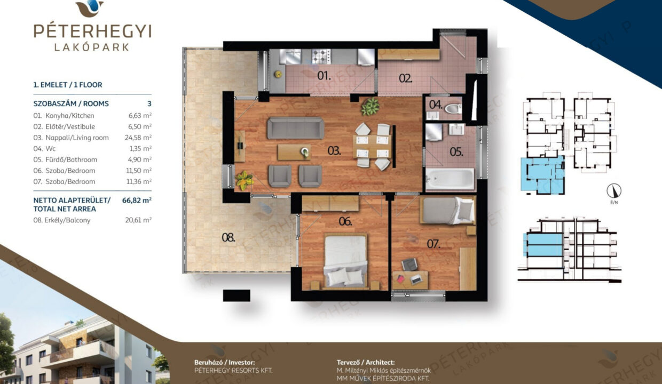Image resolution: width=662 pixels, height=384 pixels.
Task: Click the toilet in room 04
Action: click(453, 109)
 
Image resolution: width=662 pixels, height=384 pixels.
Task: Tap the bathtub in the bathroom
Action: click(450, 179)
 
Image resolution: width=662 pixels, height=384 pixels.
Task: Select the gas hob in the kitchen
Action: click(321, 56)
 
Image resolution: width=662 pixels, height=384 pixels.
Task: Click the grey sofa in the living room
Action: click(296, 128)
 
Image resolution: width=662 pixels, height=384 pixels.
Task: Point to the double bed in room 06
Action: click(345, 261)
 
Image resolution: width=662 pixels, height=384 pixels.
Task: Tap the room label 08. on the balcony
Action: click(228, 237)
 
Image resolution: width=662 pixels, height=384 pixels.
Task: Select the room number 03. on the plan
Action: click(334, 151)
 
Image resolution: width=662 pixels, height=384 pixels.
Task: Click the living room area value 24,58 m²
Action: click(138, 138)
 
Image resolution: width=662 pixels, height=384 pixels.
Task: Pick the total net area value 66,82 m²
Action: click(137, 201)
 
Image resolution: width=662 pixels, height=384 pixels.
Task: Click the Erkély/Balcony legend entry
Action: click(62, 220)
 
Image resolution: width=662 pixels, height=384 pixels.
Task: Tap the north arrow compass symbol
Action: click(614, 191)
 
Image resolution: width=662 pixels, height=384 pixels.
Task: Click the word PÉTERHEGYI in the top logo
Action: click(92, 31)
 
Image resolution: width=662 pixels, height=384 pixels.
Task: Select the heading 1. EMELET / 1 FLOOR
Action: click(68, 85)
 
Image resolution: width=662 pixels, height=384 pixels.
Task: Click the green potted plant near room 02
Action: click(371, 106)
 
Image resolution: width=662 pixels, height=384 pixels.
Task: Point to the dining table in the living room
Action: click(372, 146)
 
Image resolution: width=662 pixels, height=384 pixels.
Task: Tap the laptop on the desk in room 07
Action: click(416, 279)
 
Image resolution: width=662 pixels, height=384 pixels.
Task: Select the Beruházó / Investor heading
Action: click(224, 363)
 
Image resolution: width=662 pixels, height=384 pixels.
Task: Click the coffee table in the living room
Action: click(294, 153)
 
